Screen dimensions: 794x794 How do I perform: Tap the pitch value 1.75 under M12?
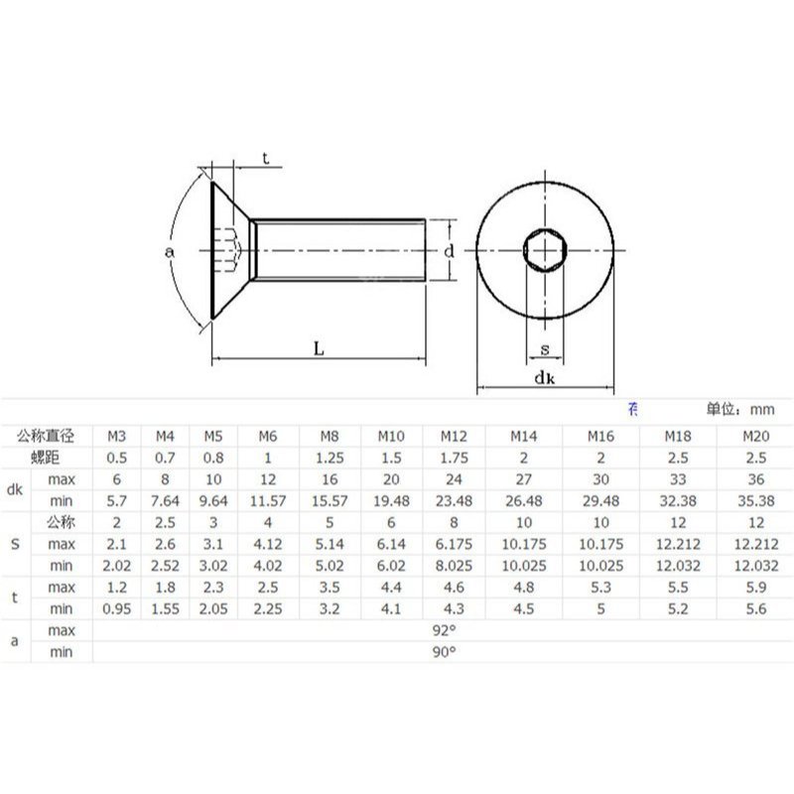454,458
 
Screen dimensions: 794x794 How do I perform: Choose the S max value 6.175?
454,544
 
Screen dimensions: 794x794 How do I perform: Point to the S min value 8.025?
454,565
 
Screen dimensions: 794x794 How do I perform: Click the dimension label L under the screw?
319,347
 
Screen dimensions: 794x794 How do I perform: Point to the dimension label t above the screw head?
265,159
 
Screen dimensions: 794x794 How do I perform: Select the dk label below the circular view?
544,378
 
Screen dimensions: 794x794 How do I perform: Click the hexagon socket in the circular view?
545,252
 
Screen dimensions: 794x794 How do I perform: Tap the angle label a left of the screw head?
170,252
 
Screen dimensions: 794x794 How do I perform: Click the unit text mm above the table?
761,409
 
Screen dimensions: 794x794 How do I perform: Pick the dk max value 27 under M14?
524,479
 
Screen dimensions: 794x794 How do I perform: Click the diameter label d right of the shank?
450,252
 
